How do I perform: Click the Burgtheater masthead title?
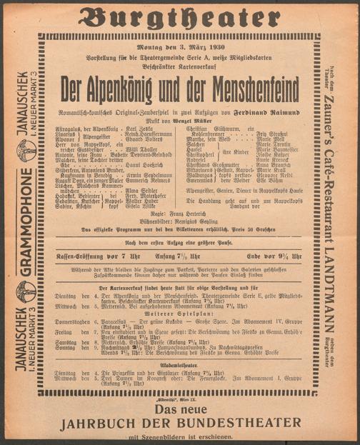point(179,16)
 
